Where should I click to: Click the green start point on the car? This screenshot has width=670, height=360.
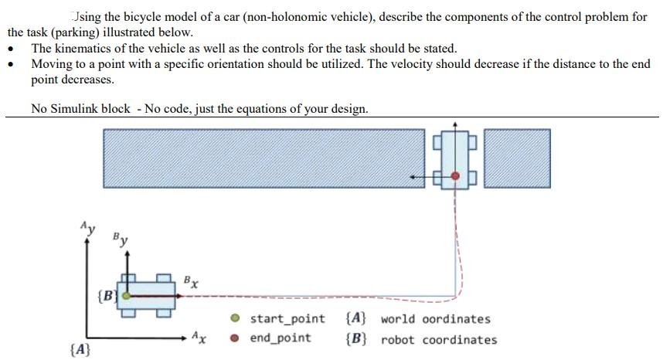point(126,295)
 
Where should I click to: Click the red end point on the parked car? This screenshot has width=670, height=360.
point(455,177)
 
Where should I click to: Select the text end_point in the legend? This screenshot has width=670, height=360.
point(280,338)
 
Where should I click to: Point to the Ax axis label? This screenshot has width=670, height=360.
point(199,337)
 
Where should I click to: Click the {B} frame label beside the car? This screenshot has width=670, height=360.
point(107,295)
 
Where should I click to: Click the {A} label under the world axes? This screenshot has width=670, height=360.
point(81,351)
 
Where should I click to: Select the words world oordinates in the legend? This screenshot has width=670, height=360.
point(435,318)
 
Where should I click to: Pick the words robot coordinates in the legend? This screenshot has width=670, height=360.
point(439,339)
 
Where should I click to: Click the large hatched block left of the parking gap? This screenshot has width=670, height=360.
point(263,158)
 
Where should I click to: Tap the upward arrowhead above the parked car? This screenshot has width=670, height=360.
point(455,122)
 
